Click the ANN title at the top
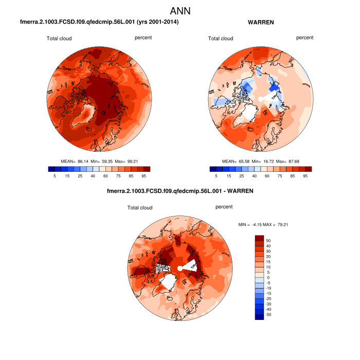tap(180, 11)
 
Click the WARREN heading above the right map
tap(261, 23)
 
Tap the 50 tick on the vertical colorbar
tap(268, 241)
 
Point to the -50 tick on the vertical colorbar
tap(269, 314)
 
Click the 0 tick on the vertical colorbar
tap(267, 277)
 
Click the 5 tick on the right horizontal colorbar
tap(217, 176)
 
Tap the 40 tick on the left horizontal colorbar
tap(93, 176)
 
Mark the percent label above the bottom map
tap(225, 207)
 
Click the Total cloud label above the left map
tap(59, 39)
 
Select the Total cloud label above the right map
tap(221, 39)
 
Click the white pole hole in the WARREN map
tap(261, 98)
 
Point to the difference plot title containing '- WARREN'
tap(180, 191)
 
